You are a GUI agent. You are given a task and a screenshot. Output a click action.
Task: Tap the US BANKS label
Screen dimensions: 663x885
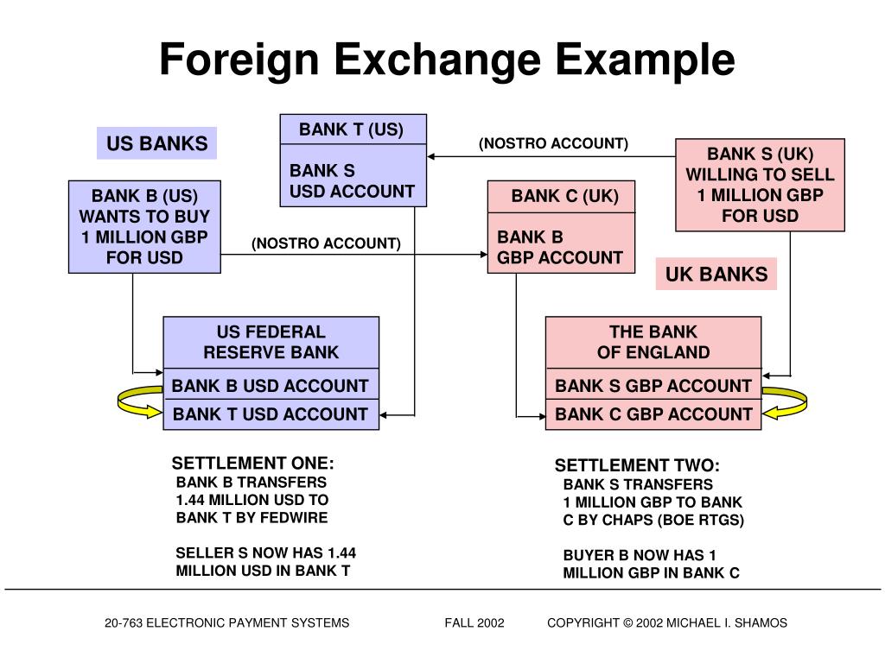(x=156, y=143)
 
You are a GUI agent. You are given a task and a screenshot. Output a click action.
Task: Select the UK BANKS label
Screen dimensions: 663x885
(x=716, y=275)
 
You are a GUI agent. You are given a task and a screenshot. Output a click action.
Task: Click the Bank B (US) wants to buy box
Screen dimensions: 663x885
(x=144, y=226)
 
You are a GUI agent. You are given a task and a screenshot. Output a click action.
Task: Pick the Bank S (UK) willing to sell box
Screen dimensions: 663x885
(x=760, y=185)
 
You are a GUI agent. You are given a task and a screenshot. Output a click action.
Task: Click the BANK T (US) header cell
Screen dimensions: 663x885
(x=352, y=129)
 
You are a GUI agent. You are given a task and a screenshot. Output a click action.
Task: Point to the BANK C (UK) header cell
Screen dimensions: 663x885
(x=564, y=196)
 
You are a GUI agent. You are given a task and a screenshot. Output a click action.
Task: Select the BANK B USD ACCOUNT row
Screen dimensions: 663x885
(x=271, y=385)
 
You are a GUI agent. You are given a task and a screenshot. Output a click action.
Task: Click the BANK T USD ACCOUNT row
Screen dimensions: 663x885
(x=271, y=414)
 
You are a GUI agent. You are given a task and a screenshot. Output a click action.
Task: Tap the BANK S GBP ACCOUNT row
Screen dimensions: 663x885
(x=653, y=385)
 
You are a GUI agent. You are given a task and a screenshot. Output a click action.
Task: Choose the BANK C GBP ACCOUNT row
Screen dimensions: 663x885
(x=653, y=414)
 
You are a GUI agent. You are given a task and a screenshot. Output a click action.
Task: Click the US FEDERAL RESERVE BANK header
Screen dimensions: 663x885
(x=271, y=342)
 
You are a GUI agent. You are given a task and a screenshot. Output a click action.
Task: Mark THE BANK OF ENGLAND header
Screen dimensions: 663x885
(x=653, y=342)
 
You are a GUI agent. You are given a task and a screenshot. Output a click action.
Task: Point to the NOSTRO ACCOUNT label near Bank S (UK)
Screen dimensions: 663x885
(x=553, y=143)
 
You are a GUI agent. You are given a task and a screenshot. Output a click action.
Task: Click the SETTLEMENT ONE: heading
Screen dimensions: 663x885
(x=252, y=463)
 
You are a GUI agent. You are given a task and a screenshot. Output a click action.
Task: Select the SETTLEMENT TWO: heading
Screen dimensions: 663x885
(x=637, y=465)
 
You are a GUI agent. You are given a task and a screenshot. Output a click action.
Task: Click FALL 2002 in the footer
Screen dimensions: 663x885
(x=474, y=622)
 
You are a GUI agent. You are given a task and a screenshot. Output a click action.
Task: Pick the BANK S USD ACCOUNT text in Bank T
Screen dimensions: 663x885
(x=352, y=181)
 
